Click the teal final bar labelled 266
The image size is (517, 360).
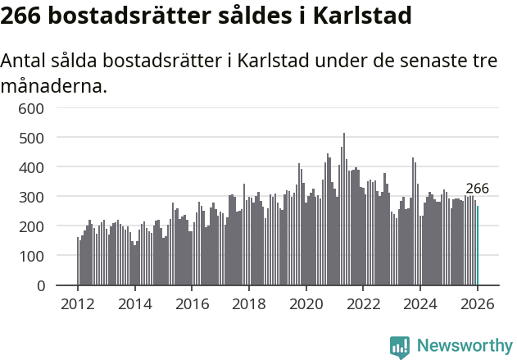coord(478,246)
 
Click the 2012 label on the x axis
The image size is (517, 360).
coord(78,304)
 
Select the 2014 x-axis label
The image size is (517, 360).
coord(135,304)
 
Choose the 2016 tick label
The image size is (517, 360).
coord(193,304)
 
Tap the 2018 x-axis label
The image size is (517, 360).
coord(249,304)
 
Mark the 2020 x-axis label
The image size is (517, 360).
coord(306,304)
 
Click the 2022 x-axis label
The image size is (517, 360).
coord(364,304)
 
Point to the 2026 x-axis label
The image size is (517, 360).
coord(478,304)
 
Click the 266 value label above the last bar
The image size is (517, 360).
coord(477,189)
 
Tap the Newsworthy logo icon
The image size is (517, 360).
coord(400,347)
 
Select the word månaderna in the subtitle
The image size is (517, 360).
coord(54,85)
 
